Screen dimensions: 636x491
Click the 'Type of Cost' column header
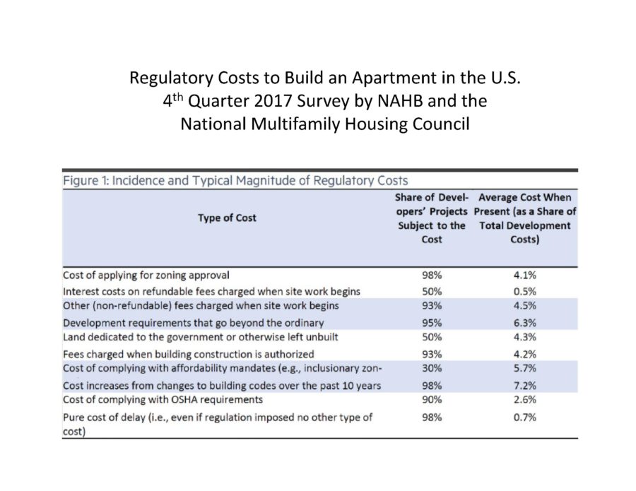tap(227, 218)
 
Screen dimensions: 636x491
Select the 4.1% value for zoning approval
tap(524, 276)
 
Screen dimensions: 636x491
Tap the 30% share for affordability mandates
tap(432, 368)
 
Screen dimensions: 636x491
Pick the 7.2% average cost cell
tap(524, 386)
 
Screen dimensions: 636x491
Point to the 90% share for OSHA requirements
tap(432, 400)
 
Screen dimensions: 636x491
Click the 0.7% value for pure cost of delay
tap(524, 418)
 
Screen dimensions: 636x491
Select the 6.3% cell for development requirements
tap(524, 323)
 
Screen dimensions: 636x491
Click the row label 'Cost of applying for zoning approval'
tap(146, 276)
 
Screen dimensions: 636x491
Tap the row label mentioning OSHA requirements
tap(163, 400)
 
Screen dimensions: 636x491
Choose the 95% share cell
tap(432, 323)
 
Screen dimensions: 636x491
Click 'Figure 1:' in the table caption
tap(86, 180)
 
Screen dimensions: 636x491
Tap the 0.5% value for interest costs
tap(524, 292)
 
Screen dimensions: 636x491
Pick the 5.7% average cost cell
tap(524, 368)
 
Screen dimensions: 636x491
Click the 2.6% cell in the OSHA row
tap(524, 400)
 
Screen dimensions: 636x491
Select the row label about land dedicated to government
tap(201, 337)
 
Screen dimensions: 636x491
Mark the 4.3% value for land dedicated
tap(524, 337)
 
